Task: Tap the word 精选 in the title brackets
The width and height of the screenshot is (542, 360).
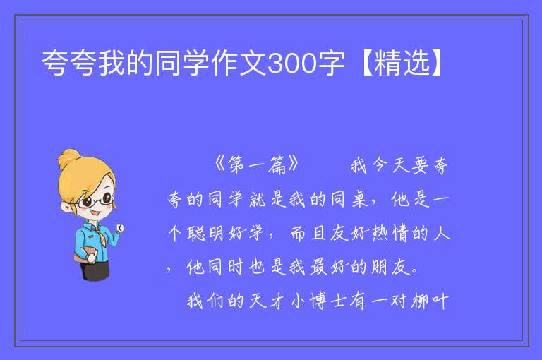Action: pyautogui.click(x=402, y=63)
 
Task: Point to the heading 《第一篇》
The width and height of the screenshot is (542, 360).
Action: pyautogui.click(x=256, y=164)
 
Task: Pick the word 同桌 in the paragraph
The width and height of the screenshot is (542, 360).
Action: pyautogui.click(x=349, y=200)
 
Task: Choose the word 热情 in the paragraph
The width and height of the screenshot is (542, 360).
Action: pyautogui.click(x=390, y=234)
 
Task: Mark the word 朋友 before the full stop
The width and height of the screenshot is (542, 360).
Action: pyautogui.click(x=390, y=268)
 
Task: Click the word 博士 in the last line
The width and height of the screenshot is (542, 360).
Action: pyautogui.click(x=327, y=301)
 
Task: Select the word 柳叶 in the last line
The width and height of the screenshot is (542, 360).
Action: pyautogui.click(x=430, y=301)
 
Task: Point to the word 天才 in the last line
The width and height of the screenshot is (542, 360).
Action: pyautogui.click(x=267, y=301)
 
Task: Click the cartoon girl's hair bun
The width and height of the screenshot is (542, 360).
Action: pyautogui.click(x=68, y=158)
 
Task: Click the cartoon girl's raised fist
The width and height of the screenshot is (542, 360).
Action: pyautogui.click(x=120, y=227)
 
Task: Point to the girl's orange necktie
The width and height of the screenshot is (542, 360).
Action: pyautogui.click(x=102, y=236)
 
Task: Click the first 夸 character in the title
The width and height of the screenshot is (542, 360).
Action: pyautogui.click(x=54, y=63)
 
